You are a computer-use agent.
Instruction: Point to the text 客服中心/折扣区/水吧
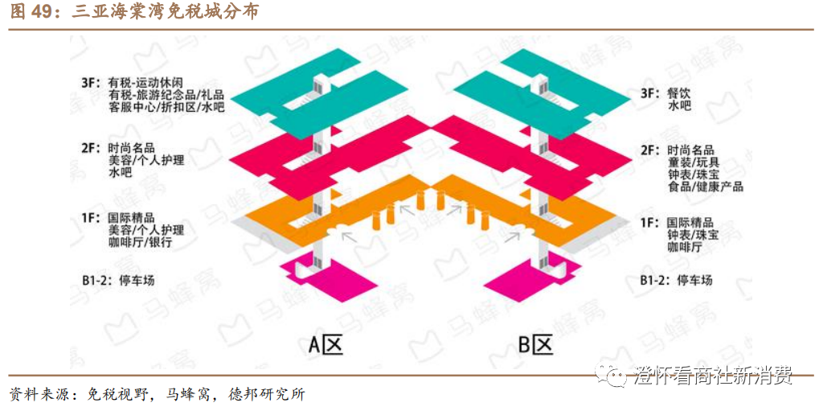point(167,107)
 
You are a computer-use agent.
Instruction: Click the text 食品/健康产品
point(705,187)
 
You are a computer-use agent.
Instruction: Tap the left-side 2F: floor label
point(89,148)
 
